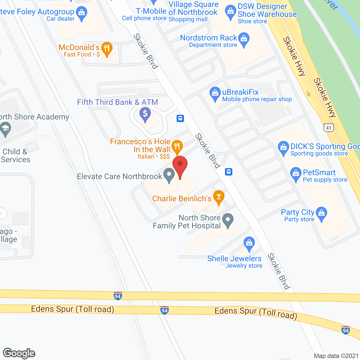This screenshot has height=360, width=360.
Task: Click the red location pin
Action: [180, 165]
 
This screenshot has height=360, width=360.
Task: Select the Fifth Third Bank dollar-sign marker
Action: [145, 114]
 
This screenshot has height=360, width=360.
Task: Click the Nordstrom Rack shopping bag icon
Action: [244, 39]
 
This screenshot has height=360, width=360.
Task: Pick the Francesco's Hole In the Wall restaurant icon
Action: [177, 146]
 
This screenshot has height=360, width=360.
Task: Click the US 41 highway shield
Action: [329, 128]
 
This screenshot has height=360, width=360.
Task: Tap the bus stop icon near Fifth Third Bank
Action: [180, 118]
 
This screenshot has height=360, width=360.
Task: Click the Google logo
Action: [19, 353]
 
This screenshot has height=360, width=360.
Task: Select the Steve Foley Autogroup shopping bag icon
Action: [82, 13]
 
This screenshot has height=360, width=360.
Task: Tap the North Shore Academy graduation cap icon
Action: [5, 129]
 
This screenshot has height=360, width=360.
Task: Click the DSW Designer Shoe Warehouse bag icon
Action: [230, 12]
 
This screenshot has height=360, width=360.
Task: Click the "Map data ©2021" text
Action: [336, 356]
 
